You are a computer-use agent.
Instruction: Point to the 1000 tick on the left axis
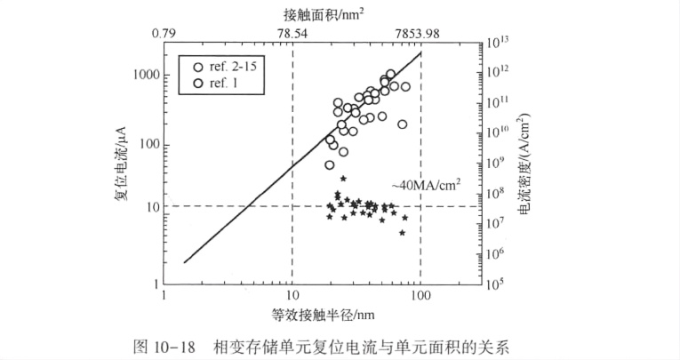tap(144, 76)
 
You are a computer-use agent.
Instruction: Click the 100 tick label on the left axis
tap(148, 143)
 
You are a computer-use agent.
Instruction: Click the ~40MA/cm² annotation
tap(426, 186)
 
